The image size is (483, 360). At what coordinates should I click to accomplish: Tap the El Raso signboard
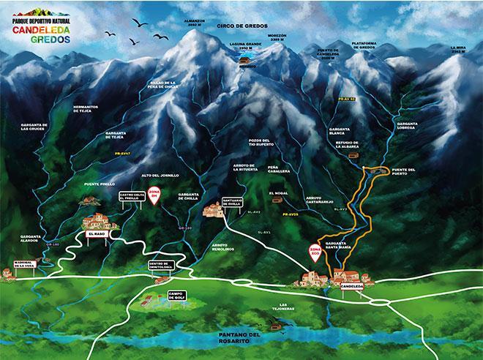point(97,233)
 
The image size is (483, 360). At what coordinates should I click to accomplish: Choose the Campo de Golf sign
point(176,295)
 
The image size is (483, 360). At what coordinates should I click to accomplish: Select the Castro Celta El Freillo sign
point(129,196)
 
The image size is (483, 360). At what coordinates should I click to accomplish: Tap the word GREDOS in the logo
point(51,40)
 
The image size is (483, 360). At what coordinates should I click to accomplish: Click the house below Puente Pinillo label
point(89,200)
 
